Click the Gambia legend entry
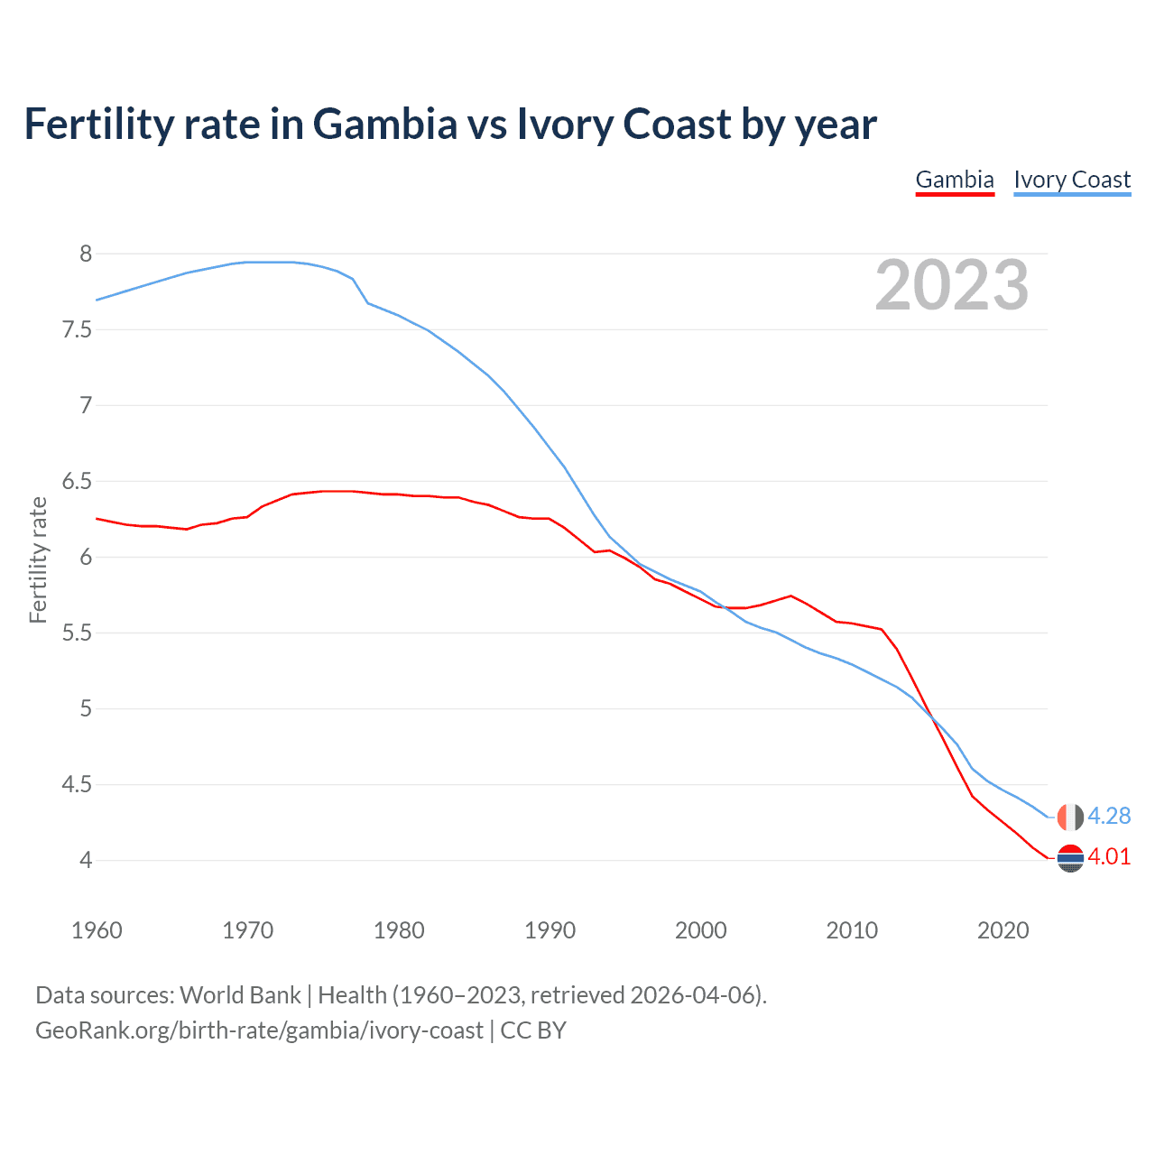pos(955,180)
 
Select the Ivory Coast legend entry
pos(1072,180)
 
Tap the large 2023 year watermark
pos(952,285)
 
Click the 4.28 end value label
pos(1109,816)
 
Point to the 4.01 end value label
pos(1109,856)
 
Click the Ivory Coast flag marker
pos(1069,817)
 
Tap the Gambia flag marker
pos(1069,858)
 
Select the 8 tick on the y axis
pos(86,254)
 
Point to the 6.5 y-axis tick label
pos(78,481)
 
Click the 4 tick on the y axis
pos(86,860)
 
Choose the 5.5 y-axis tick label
pos(78,633)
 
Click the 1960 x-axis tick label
pos(97,930)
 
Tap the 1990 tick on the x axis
pos(550,930)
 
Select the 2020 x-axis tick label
pos(1003,930)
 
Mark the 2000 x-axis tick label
pos(700,930)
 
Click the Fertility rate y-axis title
pos(38,559)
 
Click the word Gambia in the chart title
pos(385,124)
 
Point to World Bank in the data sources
pos(240,995)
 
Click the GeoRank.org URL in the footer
pos(259,1030)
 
